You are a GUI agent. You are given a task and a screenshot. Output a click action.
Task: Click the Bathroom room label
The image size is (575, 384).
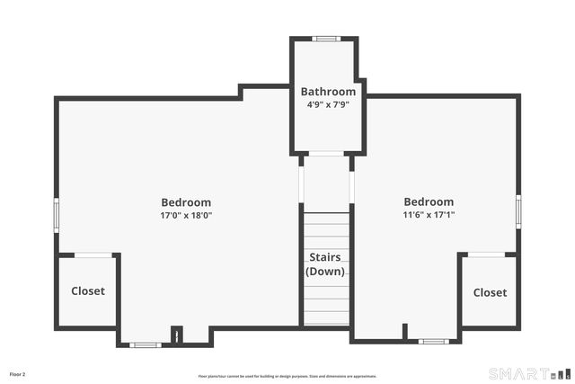point(328,92)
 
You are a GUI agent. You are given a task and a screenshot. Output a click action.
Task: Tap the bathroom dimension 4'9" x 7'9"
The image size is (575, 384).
point(328,104)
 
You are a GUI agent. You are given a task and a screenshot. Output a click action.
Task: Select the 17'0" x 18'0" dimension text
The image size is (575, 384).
point(186,216)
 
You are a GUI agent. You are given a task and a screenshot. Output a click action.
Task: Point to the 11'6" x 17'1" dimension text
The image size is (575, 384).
point(429,216)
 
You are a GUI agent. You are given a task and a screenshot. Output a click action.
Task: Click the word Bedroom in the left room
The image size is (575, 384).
point(186,202)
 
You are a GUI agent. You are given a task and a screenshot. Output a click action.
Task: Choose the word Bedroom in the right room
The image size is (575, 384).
point(429,202)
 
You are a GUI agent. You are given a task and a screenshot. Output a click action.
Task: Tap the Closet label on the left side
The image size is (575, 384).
point(88,291)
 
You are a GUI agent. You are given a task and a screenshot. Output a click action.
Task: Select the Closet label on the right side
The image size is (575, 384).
point(490,292)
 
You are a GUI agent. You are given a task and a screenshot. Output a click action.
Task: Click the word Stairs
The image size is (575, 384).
point(325,258)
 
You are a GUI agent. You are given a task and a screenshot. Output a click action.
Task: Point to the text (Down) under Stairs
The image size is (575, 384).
point(325,272)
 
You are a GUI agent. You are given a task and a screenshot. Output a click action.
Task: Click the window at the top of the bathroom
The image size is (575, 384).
point(326,39)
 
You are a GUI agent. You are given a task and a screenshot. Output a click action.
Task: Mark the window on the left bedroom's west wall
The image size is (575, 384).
point(57,216)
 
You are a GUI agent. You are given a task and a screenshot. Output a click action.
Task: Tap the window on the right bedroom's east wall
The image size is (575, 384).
point(518,210)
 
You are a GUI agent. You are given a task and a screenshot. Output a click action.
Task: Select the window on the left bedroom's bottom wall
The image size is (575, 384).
point(145,344)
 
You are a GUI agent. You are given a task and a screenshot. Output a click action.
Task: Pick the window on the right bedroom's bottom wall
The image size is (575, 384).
point(433,341)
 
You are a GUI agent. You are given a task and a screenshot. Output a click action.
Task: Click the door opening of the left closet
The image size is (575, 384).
point(93,255)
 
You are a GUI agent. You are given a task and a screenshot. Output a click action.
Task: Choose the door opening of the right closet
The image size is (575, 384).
point(486,255)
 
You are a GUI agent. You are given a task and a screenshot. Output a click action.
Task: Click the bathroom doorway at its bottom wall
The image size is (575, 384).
point(326,154)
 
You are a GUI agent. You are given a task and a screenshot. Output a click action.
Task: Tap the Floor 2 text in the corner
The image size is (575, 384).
point(18,373)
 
